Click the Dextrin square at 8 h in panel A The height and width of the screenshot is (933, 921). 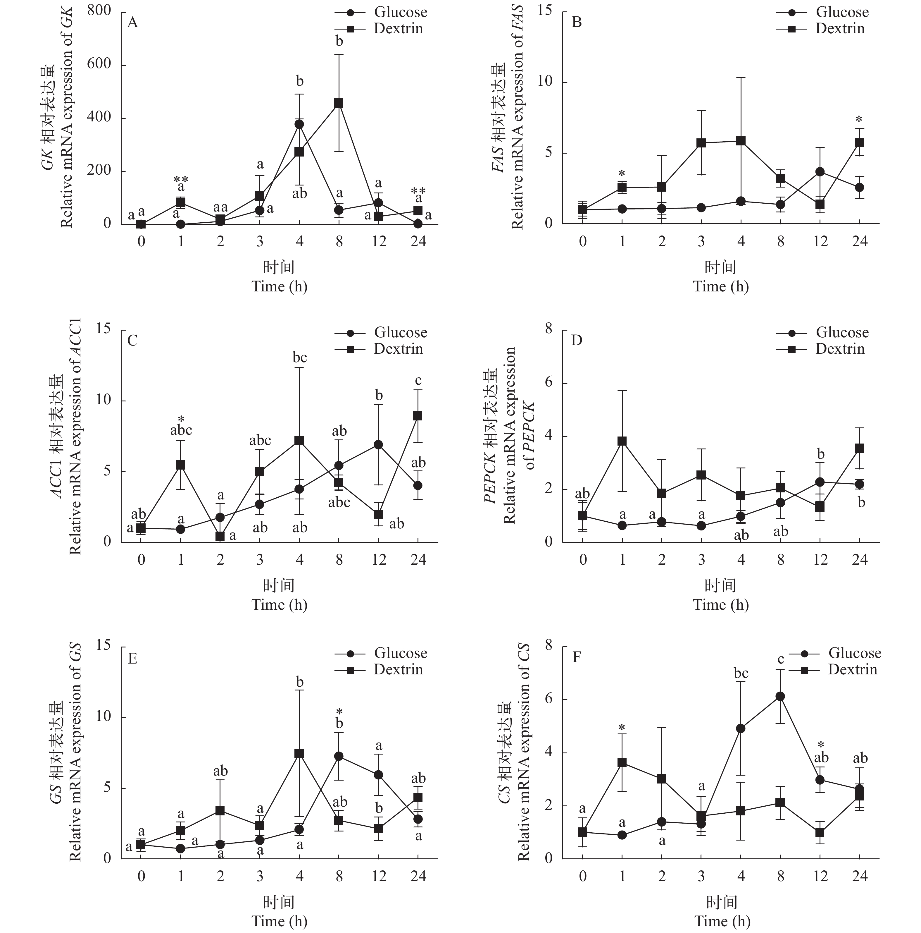pos(339,103)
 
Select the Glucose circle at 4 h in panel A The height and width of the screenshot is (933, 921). pos(299,124)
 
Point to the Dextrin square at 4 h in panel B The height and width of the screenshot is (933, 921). pos(741,141)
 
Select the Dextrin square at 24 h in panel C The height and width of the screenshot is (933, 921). pos(418,416)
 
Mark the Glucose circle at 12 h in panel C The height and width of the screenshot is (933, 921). pos(378,444)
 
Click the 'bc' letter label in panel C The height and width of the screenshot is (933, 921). pos(299,358)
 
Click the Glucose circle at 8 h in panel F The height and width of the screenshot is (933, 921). pos(780,696)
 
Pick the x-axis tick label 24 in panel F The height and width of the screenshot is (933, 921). pos(860,876)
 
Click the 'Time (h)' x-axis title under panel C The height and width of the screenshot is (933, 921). pos(279,605)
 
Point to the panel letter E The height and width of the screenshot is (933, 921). pos(132,659)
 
